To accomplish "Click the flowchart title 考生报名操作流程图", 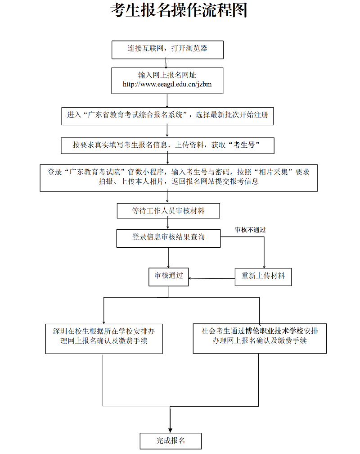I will point(179,10).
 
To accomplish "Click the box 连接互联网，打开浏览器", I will point(167,49).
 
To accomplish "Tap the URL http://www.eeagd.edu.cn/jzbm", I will point(167,84).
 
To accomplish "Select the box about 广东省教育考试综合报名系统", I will point(167,115).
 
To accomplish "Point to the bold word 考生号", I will point(245,145).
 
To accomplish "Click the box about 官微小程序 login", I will point(179,177).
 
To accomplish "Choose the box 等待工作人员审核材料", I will point(168,211).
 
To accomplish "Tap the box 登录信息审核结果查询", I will point(168,237).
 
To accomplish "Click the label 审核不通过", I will point(250,230).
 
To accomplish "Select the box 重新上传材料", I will point(263,276).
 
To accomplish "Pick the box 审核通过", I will point(169,276).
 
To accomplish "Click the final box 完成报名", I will point(171,441).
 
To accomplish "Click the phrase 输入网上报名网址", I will point(167,75).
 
